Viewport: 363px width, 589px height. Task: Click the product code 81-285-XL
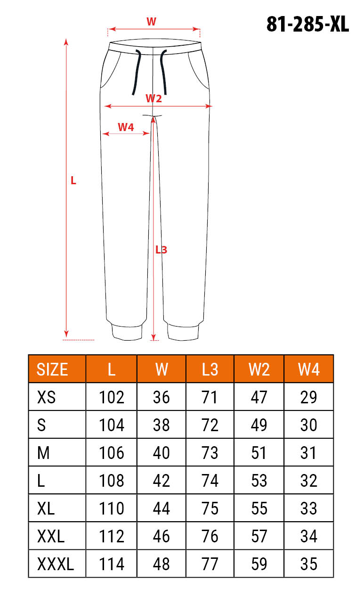pos(307,24)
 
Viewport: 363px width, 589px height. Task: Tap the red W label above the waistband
pos(152,22)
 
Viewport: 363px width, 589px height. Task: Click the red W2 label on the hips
pos(153,98)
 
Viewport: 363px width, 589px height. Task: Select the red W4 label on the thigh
pos(126,127)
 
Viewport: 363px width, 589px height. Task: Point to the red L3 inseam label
pos(161,250)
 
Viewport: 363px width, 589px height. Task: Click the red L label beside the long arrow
pos(73,180)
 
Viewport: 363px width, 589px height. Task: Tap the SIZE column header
pos(52,369)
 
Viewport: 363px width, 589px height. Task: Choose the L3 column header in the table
pos(210,369)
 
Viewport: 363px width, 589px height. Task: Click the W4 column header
pos(309,369)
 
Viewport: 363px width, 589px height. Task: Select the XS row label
pos(46,397)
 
